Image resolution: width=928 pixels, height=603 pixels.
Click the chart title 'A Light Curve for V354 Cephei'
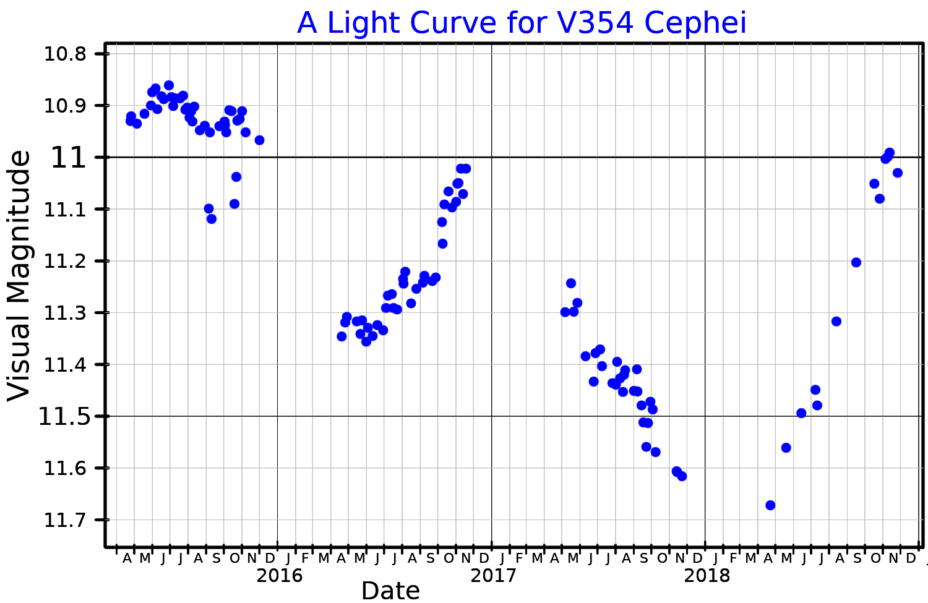pos(522,24)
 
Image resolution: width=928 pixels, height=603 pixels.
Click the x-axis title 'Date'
pos(390,591)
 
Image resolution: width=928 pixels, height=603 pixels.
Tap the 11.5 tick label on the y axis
pos(61,416)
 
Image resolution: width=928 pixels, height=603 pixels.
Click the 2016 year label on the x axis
pos(280,575)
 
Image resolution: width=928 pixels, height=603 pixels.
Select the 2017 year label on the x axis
pos(493,575)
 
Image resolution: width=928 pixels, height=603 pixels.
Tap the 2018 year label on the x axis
pos(707,575)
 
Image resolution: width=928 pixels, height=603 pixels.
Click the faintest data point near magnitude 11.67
pos(770,505)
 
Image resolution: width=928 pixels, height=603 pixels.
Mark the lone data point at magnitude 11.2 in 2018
pos(856,262)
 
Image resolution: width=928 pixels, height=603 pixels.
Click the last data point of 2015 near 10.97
pos(259,140)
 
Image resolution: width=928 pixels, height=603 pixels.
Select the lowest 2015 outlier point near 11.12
pos(212,218)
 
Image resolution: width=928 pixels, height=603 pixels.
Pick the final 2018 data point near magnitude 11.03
pos(898,173)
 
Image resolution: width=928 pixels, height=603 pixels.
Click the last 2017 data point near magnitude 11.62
pos(682,476)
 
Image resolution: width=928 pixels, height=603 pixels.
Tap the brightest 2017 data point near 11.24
pos(571,283)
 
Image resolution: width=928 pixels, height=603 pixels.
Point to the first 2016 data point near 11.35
pos(342,336)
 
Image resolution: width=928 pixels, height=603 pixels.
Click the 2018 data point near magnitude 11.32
pos(836,321)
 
